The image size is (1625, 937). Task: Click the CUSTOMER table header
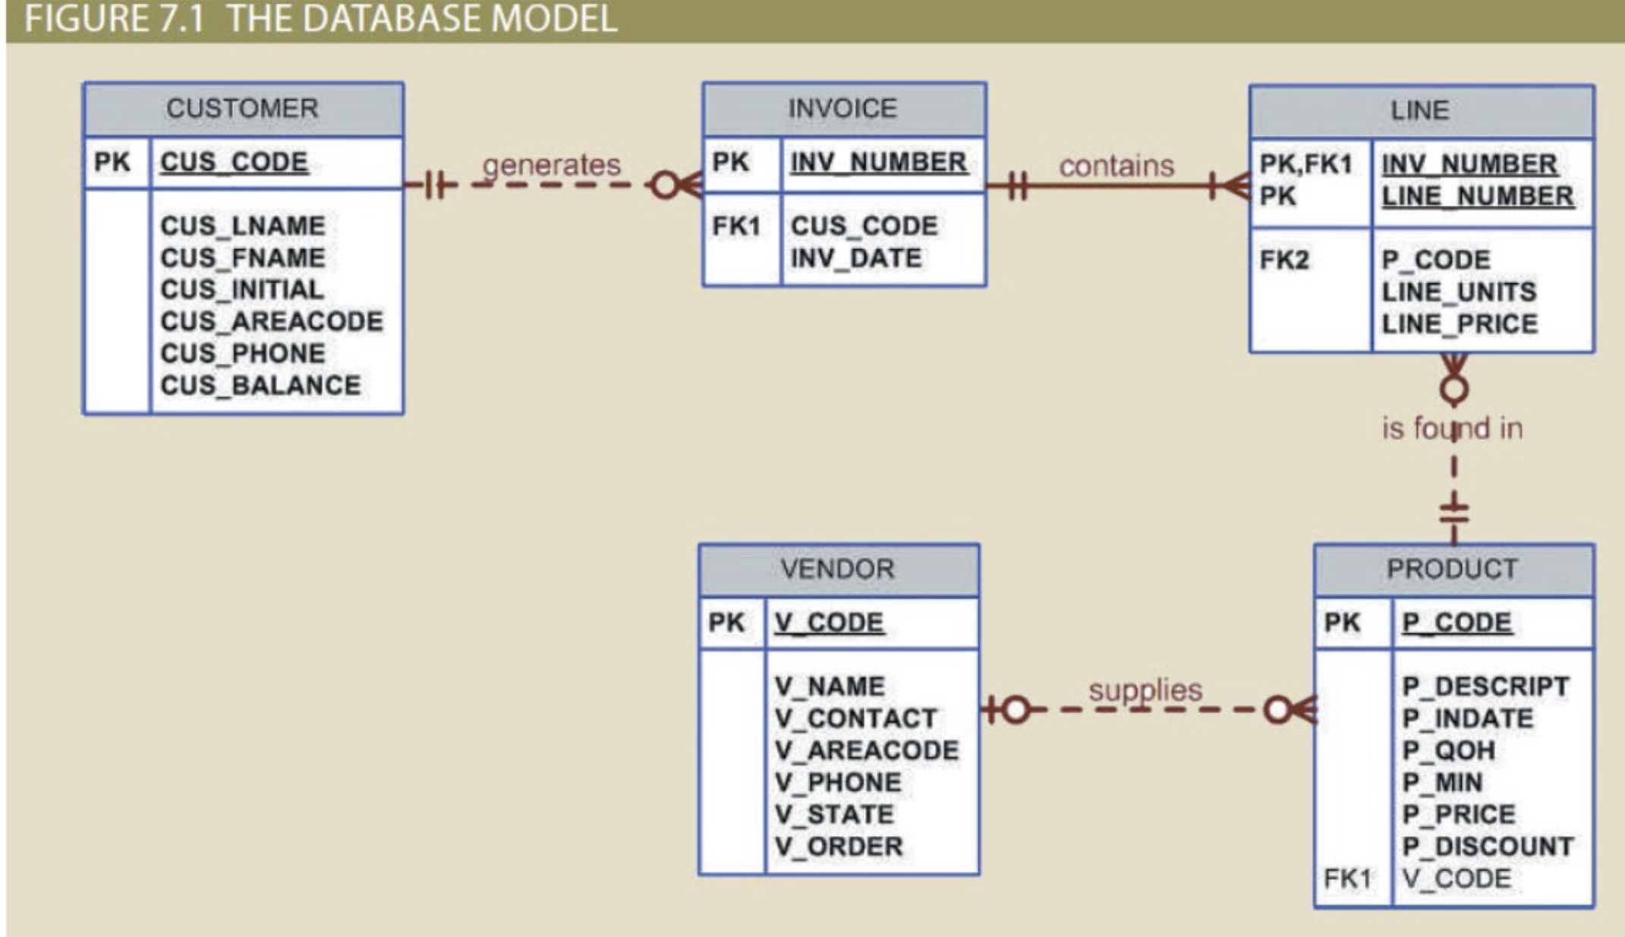pyautogui.click(x=242, y=109)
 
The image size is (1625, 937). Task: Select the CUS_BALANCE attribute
pyautogui.click(x=260, y=385)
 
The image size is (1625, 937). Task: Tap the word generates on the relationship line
pyautogui.click(x=551, y=165)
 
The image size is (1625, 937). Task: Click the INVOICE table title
pyautogui.click(x=842, y=109)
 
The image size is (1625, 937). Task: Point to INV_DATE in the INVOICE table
pyautogui.click(x=855, y=258)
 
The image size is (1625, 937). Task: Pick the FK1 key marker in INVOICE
pyautogui.click(x=735, y=226)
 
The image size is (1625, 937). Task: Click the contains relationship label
pyautogui.click(x=1116, y=166)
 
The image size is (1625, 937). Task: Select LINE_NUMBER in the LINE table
pyautogui.click(x=1477, y=196)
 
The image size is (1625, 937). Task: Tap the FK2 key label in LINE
pyautogui.click(x=1284, y=260)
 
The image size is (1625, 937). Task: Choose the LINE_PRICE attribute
pyautogui.click(x=1459, y=324)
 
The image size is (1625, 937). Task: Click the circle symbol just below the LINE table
pyautogui.click(x=1453, y=390)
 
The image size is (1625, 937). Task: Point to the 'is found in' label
pyautogui.click(x=1452, y=428)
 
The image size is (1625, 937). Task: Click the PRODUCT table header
pyautogui.click(x=1452, y=569)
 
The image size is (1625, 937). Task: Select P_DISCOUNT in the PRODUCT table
pyautogui.click(x=1487, y=846)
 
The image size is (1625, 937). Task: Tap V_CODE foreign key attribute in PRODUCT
pyautogui.click(x=1456, y=879)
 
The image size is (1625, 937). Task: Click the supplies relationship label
pyautogui.click(x=1145, y=689)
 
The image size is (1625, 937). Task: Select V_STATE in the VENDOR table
pyautogui.click(x=833, y=814)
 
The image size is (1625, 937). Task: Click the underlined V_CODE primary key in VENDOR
pyautogui.click(x=829, y=623)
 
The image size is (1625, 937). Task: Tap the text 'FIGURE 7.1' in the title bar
pyautogui.click(x=114, y=18)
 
